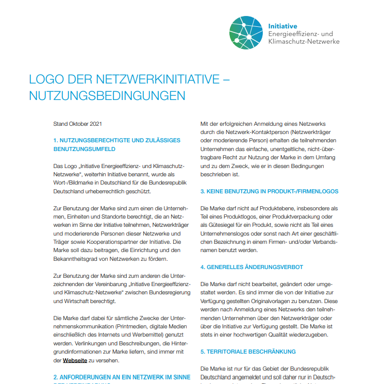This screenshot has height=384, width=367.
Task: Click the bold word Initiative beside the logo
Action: point(282,26)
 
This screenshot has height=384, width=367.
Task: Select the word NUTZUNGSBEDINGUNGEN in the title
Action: point(107,96)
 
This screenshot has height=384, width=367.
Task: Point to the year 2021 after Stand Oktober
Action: point(96,124)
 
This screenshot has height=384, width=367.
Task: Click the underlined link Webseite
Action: point(75,360)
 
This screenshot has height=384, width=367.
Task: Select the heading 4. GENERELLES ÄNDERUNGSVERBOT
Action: point(252,267)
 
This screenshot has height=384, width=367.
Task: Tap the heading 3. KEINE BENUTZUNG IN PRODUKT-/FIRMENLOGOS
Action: point(269,191)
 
